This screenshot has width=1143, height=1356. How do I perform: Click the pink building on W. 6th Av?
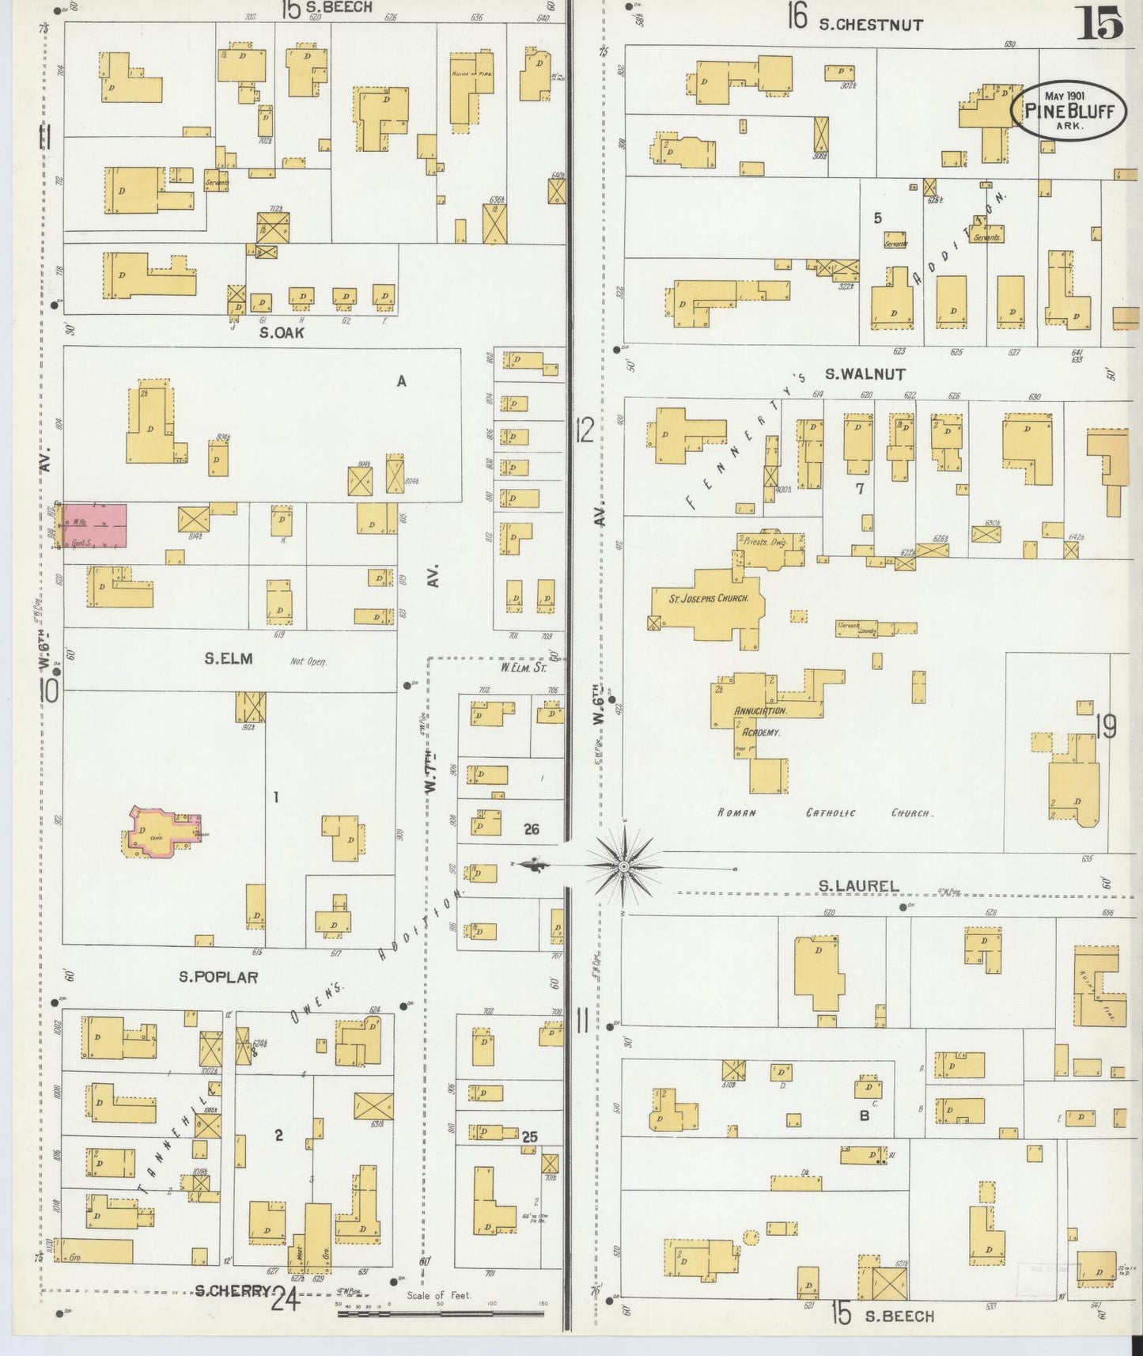click(94, 525)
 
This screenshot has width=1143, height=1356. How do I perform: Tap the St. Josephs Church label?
click(709, 599)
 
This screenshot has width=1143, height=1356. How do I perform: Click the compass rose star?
click(624, 867)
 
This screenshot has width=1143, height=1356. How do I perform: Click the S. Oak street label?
click(282, 332)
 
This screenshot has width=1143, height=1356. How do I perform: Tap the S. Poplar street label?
click(218, 977)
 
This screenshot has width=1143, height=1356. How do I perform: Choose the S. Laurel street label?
click(858, 885)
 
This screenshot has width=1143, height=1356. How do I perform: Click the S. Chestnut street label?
click(870, 25)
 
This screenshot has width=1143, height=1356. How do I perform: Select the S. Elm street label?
click(229, 658)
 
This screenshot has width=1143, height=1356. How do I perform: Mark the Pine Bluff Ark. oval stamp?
click(1069, 111)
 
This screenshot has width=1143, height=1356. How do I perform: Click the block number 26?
click(531, 829)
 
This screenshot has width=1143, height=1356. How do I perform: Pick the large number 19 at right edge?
click(1106, 725)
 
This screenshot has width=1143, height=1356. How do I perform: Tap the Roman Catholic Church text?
click(825, 812)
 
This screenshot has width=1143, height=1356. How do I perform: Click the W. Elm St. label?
click(523, 667)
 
